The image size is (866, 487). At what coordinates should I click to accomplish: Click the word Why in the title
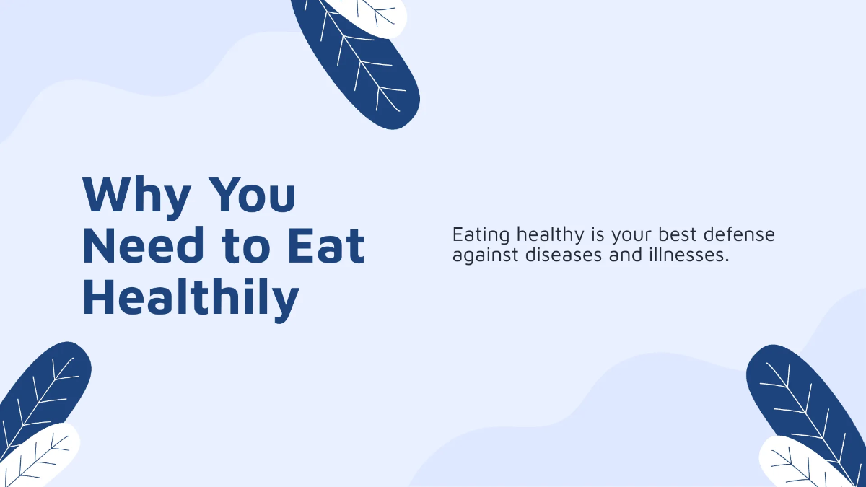(x=137, y=195)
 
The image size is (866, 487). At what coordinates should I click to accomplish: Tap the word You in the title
(x=253, y=195)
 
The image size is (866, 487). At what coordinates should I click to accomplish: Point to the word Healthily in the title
(x=191, y=297)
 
